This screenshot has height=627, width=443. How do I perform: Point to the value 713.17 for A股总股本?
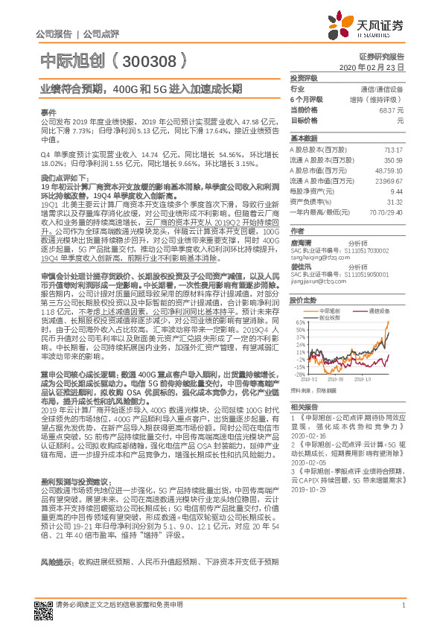[x=393, y=150]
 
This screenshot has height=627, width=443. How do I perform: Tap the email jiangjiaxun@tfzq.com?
[x=316, y=282]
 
